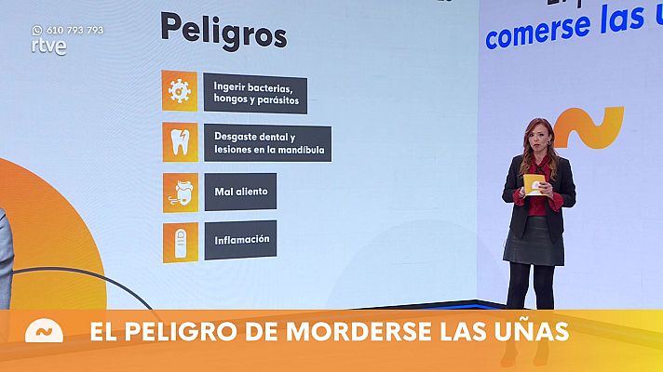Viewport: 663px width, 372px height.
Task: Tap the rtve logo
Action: pyautogui.click(x=48, y=46)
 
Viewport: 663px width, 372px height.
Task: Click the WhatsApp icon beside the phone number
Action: pyautogui.click(x=37, y=30)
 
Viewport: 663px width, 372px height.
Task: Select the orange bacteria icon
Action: pyautogui.click(x=179, y=89)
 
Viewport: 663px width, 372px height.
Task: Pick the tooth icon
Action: pyautogui.click(x=180, y=141)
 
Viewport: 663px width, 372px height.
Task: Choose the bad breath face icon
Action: pyautogui.click(x=180, y=191)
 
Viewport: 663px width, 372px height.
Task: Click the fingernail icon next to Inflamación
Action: pyautogui.click(x=180, y=240)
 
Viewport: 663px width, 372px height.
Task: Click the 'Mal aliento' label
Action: pyautogui.click(x=240, y=191)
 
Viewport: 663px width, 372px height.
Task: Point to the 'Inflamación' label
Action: pyautogui.click(x=240, y=239)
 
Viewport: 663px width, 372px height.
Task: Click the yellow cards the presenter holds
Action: pyautogui.click(x=534, y=183)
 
